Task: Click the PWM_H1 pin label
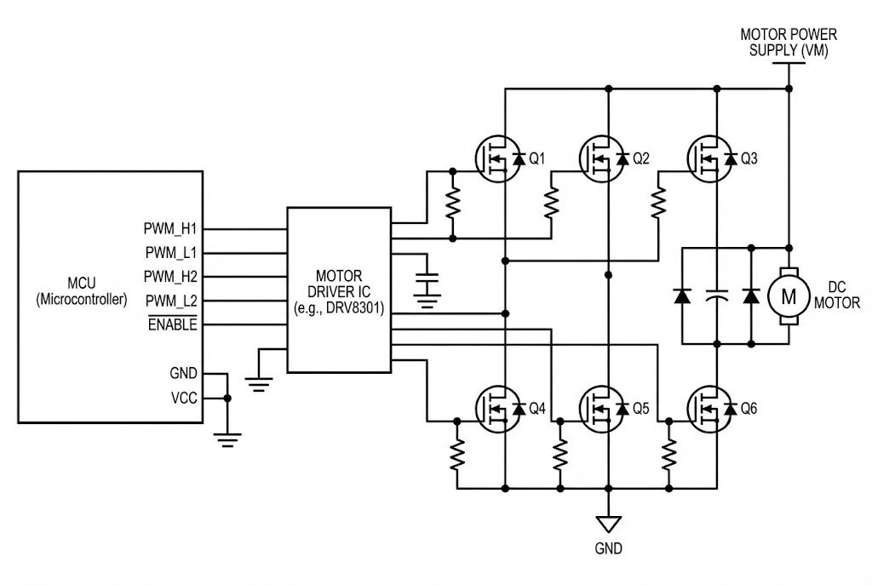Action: [x=170, y=229]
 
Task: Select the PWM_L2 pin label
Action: [x=170, y=301]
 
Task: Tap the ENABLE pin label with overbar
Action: [x=172, y=324]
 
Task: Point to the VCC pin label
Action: [x=183, y=398]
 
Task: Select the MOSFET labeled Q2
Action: [x=603, y=159]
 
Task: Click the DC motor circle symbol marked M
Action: [x=788, y=296]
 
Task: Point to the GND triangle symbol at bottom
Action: [x=608, y=524]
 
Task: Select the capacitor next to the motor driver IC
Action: [x=427, y=280]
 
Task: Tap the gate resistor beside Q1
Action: [x=453, y=203]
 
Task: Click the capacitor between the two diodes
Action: [x=717, y=296]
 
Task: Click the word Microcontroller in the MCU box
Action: [x=82, y=300]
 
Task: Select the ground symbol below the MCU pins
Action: [x=227, y=439]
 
